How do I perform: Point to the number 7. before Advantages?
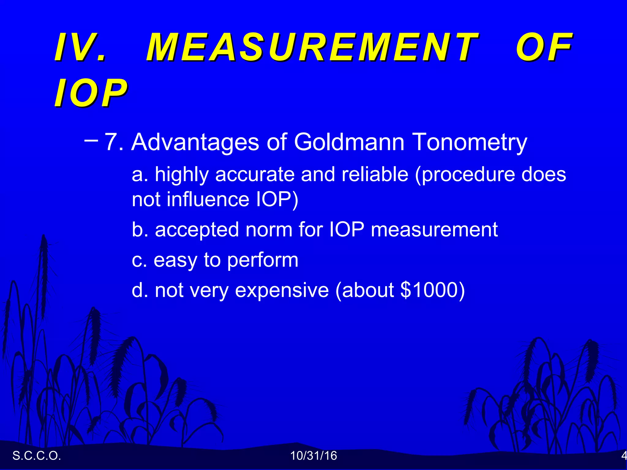click(x=114, y=142)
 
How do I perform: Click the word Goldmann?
click(x=349, y=142)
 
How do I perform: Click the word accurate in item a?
click(x=255, y=174)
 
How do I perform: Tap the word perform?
click(x=263, y=261)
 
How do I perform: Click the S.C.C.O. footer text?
click(x=37, y=456)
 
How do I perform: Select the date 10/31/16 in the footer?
click(x=313, y=456)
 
